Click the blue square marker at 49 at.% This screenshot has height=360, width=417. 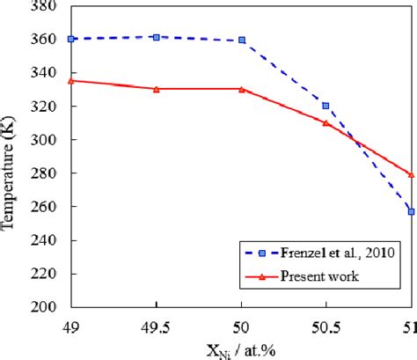71,39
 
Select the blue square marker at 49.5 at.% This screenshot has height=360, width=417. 156,37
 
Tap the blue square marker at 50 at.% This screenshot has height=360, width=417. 241,40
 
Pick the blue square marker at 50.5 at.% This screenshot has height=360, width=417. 326,106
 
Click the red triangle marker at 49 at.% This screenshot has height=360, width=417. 71,80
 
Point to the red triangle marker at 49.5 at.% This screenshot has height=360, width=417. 156,89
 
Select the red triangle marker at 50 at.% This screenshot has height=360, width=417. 241,89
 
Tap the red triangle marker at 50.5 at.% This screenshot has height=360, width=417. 326,122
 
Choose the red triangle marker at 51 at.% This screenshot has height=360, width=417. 411,174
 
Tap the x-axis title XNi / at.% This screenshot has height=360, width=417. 240,349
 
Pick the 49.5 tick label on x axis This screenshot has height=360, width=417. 156,323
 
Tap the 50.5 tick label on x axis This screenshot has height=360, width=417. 326,323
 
